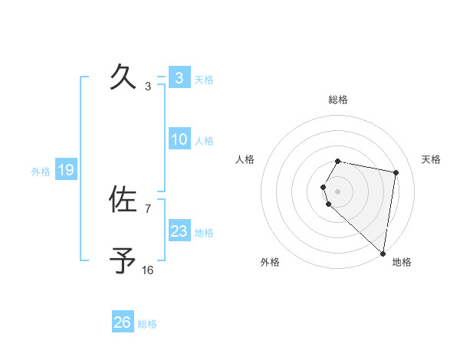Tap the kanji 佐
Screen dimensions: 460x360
coord(123,200)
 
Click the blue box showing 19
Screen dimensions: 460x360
coord(66,170)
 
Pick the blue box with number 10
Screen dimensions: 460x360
coord(179,139)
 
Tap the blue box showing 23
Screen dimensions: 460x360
coord(179,231)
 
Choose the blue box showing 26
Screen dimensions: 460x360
coord(123,322)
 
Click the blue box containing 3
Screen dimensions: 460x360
coord(179,77)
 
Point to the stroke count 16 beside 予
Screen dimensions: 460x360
coord(148,270)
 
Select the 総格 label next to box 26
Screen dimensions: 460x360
coord(147,324)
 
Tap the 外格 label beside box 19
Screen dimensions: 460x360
coord(41,172)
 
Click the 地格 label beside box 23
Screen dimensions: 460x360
coord(204,232)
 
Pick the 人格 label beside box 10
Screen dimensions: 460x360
coord(204,141)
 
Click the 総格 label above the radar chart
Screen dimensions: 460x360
coord(338,100)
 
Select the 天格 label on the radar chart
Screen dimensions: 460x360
coord(432,159)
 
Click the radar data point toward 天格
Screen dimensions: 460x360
coord(396,172)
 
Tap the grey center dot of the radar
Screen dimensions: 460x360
coord(338,191)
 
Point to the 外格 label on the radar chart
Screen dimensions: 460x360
coord(270,262)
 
